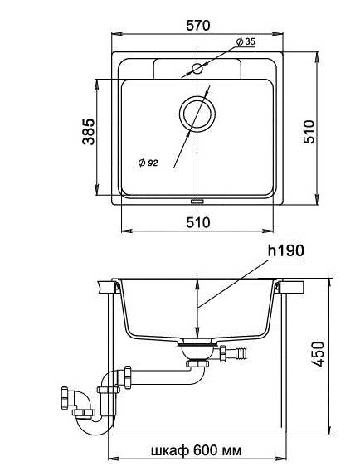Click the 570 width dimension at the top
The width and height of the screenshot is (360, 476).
[x=197, y=26]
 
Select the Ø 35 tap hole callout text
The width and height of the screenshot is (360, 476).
[x=246, y=41]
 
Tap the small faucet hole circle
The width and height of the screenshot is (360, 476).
[x=197, y=69]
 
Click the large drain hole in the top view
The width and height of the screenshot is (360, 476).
[x=197, y=114]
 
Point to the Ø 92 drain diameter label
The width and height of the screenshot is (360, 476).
[x=148, y=163]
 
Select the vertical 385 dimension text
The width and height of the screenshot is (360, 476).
[x=89, y=132]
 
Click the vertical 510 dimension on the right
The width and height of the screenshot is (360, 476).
[x=309, y=132]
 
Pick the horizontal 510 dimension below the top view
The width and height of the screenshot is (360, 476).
[x=198, y=222]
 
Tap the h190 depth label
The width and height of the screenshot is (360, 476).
[x=285, y=250]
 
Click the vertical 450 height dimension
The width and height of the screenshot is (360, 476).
[x=318, y=354]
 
